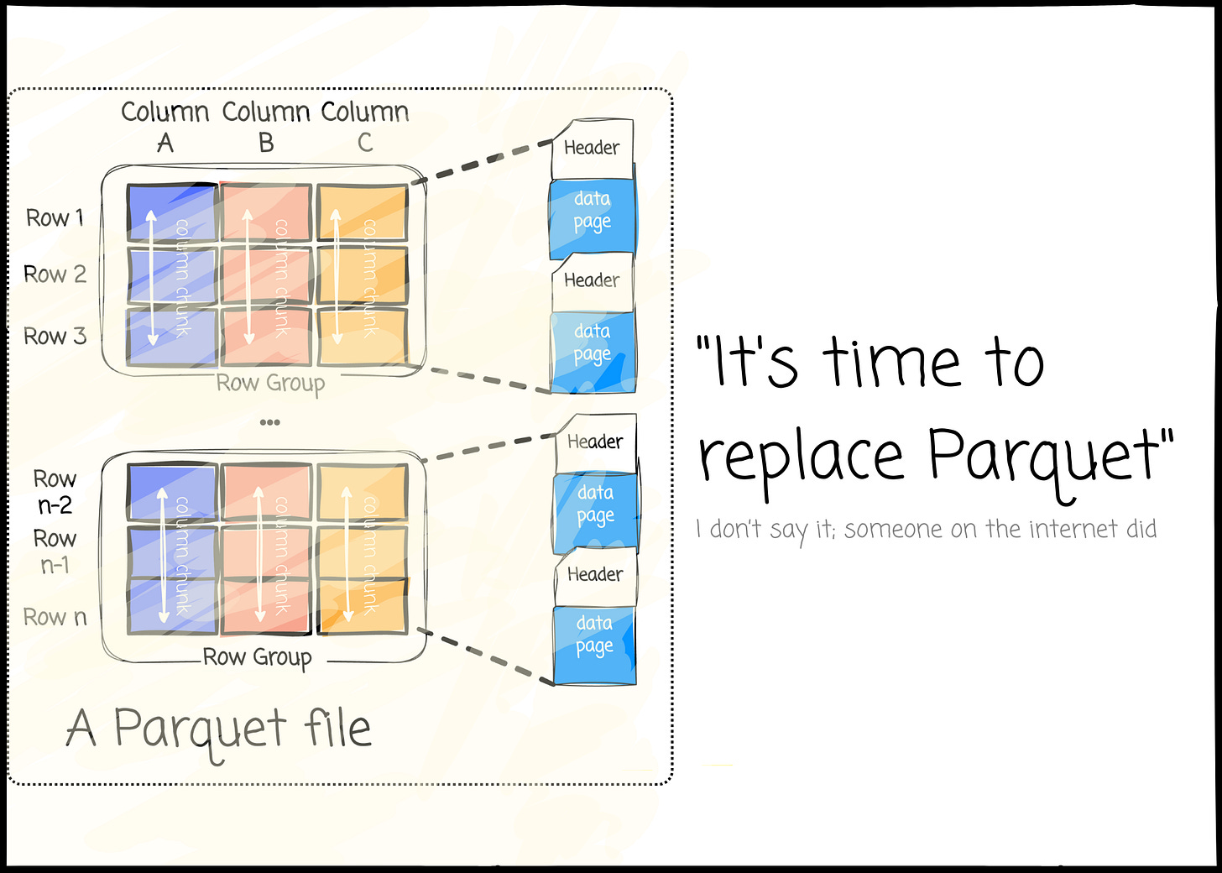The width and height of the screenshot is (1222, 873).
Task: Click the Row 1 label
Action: (x=55, y=218)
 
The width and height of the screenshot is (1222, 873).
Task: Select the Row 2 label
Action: (x=55, y=274)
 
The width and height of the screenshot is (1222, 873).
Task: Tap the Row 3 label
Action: (x=55, y=337)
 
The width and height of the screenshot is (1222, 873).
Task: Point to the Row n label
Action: (x=55, y=617)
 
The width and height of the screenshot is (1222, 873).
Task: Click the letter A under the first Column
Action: (x=165, y=143)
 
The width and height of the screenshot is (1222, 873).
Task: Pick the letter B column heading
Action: (x=266, y=143)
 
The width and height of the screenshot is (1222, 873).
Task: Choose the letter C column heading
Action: (x=365, y=143)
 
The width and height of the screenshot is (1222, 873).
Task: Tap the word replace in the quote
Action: (x=802, y=457)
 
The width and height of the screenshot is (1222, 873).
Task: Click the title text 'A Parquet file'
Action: (x=218, y=729)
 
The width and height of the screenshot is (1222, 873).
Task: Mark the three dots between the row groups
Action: (x=269, y=421)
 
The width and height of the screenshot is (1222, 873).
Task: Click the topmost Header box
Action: (x=592, y=148)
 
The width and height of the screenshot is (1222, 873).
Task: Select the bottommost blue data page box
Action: (x=594, y=645)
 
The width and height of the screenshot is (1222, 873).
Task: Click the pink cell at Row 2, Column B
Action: (x=266, y=275)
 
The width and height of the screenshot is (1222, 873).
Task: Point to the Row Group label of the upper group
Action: (x=269, y=384)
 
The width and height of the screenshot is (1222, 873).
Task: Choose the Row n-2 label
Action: (x=55, y=492)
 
